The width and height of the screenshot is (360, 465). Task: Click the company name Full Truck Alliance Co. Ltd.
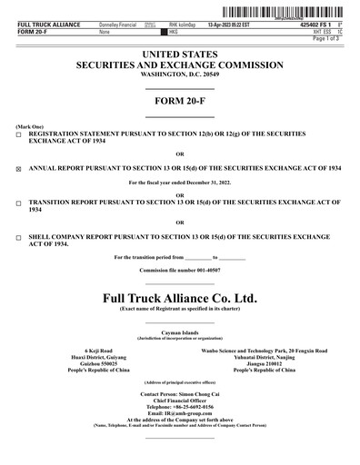coord(180,297)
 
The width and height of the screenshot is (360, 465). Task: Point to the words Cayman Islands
coord(180,333)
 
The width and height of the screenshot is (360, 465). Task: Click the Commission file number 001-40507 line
coord(180,271)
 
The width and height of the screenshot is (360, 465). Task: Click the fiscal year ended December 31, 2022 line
coord(180,184)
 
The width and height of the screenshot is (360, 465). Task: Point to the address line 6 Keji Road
coord(97,350)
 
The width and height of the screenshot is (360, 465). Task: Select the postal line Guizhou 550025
coord(97,363)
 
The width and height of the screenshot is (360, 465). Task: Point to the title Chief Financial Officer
coord(180,401)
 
